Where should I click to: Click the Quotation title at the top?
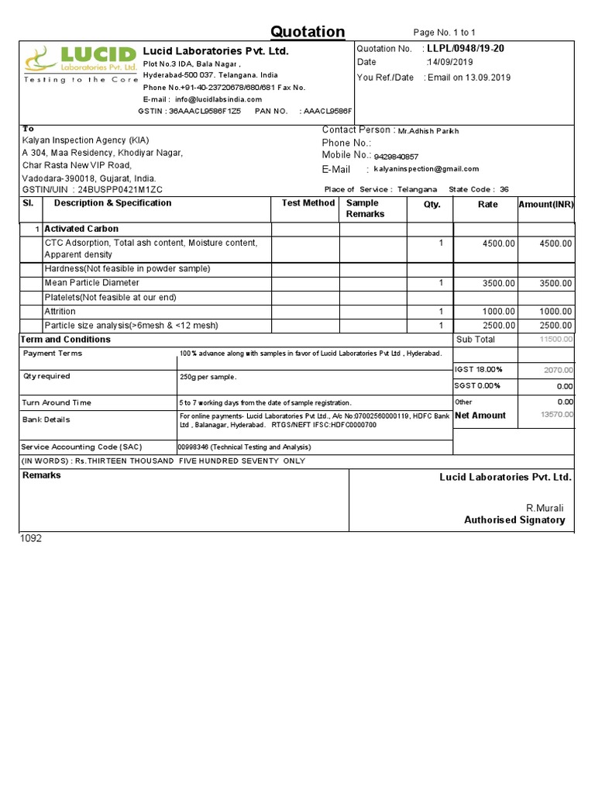(x=308, y=32)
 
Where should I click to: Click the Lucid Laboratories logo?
(x=78, y=64)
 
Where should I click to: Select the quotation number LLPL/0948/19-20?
(x=465, y=49)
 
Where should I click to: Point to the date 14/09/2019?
(x=449, y=62)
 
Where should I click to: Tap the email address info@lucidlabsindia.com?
(x=218, y=99)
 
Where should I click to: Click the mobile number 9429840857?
(x=396, y=157)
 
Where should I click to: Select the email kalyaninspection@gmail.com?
(x=426, y=169)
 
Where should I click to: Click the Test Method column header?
(x=308, y=203)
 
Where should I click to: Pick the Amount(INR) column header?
(x=546, y=205)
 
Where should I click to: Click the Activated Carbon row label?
(x=81, y=229)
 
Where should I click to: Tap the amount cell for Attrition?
(x=555, y=312)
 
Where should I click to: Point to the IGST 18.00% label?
(x=478, y=369)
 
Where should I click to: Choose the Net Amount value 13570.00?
(x=557, y=416)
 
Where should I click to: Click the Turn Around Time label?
(x=57, y=403)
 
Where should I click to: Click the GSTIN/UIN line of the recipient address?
(x=92, y=190)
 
